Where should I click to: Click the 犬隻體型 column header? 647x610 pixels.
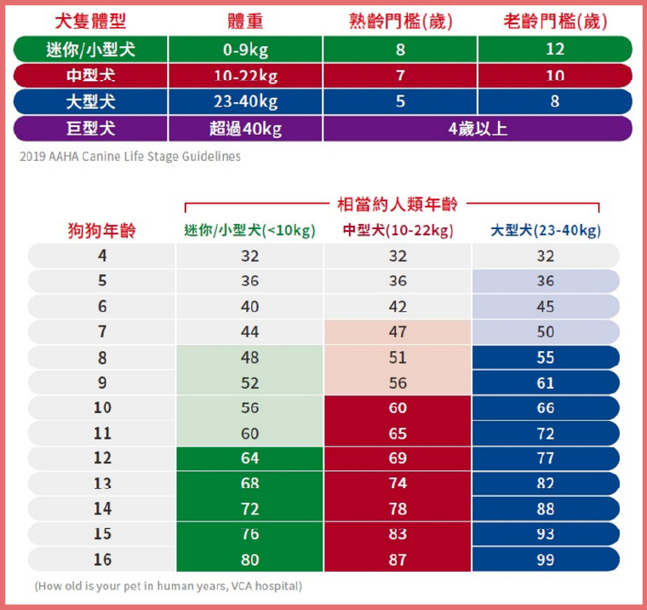click(x=89, y=20)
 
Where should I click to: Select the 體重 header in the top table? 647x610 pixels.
click(x=245, y=20)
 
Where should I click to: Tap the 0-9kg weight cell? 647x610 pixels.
click(x=245, y=49)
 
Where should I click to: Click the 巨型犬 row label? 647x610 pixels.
click(x=90, y=129)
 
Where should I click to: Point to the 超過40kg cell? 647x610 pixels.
click(x=245, y=129)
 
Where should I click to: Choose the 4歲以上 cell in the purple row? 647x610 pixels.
click(x=477, y=129)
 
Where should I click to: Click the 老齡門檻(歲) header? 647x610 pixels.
click(x=555, y=20)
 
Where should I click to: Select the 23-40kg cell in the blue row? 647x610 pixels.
click(x=245, y=102)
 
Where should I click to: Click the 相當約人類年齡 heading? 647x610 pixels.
click(x=398, y=204)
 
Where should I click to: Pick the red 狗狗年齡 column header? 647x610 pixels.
click(x=101, y=230)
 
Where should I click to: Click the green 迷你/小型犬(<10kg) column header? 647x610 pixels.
click(x=249, y=230)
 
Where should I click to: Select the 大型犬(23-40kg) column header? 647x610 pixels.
click(x=546, y=230)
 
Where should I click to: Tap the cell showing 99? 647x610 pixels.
click(x=546, y=559)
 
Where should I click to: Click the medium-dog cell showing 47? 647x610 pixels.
click(x=398, y=332)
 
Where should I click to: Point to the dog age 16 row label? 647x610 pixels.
click(x=102, y=559)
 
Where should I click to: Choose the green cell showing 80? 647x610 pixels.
click(x=249, y=559)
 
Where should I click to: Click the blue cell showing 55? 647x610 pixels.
click(x=546, y=358)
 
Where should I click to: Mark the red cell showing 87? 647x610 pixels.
click(x=398, y=559)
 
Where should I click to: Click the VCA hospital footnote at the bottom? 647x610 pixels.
click(x=168, y=586)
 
